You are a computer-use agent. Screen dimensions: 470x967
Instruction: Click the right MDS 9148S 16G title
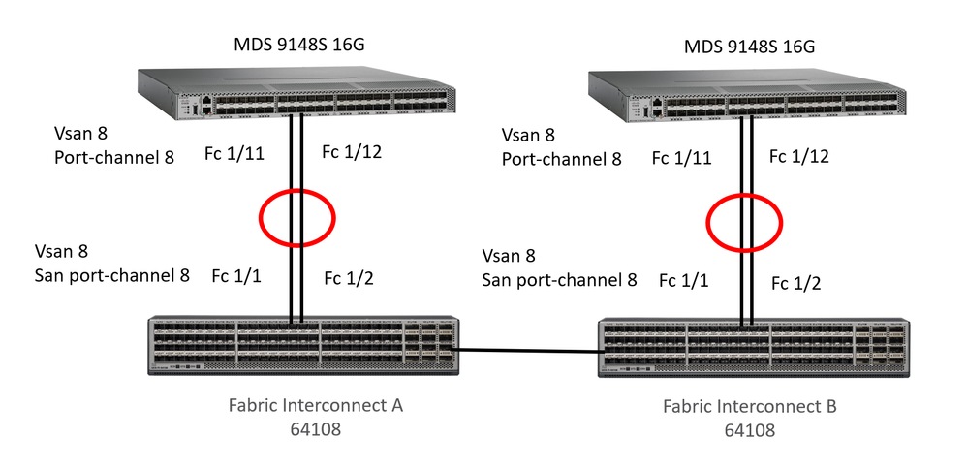748,47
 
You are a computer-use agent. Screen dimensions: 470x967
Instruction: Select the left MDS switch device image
296,93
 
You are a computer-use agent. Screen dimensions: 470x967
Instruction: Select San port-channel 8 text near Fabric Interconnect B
559,280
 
